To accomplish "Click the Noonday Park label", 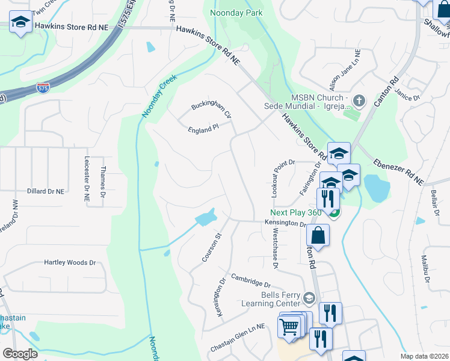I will pyautogui.click(x=236, y=13).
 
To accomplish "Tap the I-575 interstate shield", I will pyautogui.click(x=43, y=88).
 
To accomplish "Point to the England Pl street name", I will pyautogui.click(x=202, y=129).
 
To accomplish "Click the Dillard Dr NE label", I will pyautogui.click(x=45, y=191).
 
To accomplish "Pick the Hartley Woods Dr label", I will pyautogui.click(x=70, y=263).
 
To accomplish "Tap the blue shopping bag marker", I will pyautogui.click(x=318, y=235).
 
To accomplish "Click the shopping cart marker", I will pyautogui.click(x=289, y=327).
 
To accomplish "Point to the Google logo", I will pyautogui.click(x=20, y=354).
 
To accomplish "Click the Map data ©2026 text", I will pyautogui.click(x=424, y=356).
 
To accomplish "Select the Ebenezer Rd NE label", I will pyautogui.click(x=398, y=171).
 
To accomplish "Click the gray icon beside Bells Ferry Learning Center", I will pyautogui.click(x=309, y=298).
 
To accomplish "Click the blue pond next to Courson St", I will pyautogui.click(x=206, y=217).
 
